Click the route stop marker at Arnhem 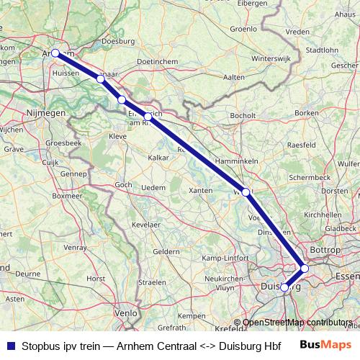click(55, 53)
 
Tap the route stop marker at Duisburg click(284, 287)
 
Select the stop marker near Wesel click(246, 192)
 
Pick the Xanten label click(200, 190)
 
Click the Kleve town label click(117, 135)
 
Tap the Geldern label click(166, 251)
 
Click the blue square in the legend click(9, 345)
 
